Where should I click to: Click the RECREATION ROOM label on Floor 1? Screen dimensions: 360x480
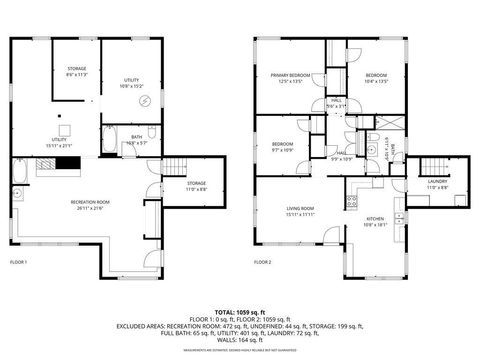[90, 205]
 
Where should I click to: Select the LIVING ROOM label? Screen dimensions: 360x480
[301, 212]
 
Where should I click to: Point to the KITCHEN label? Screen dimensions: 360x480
[375, 222]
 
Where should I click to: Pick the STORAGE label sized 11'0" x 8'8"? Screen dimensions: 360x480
[197, 187]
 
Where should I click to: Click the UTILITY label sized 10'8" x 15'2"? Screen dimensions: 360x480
[131, 85]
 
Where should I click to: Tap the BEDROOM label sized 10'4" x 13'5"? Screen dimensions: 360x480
[375, 77]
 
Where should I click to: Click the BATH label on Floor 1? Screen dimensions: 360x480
[137, 141]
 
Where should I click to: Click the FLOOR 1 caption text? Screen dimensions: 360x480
[19, 261]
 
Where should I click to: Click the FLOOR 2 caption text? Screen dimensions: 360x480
[263, 261]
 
